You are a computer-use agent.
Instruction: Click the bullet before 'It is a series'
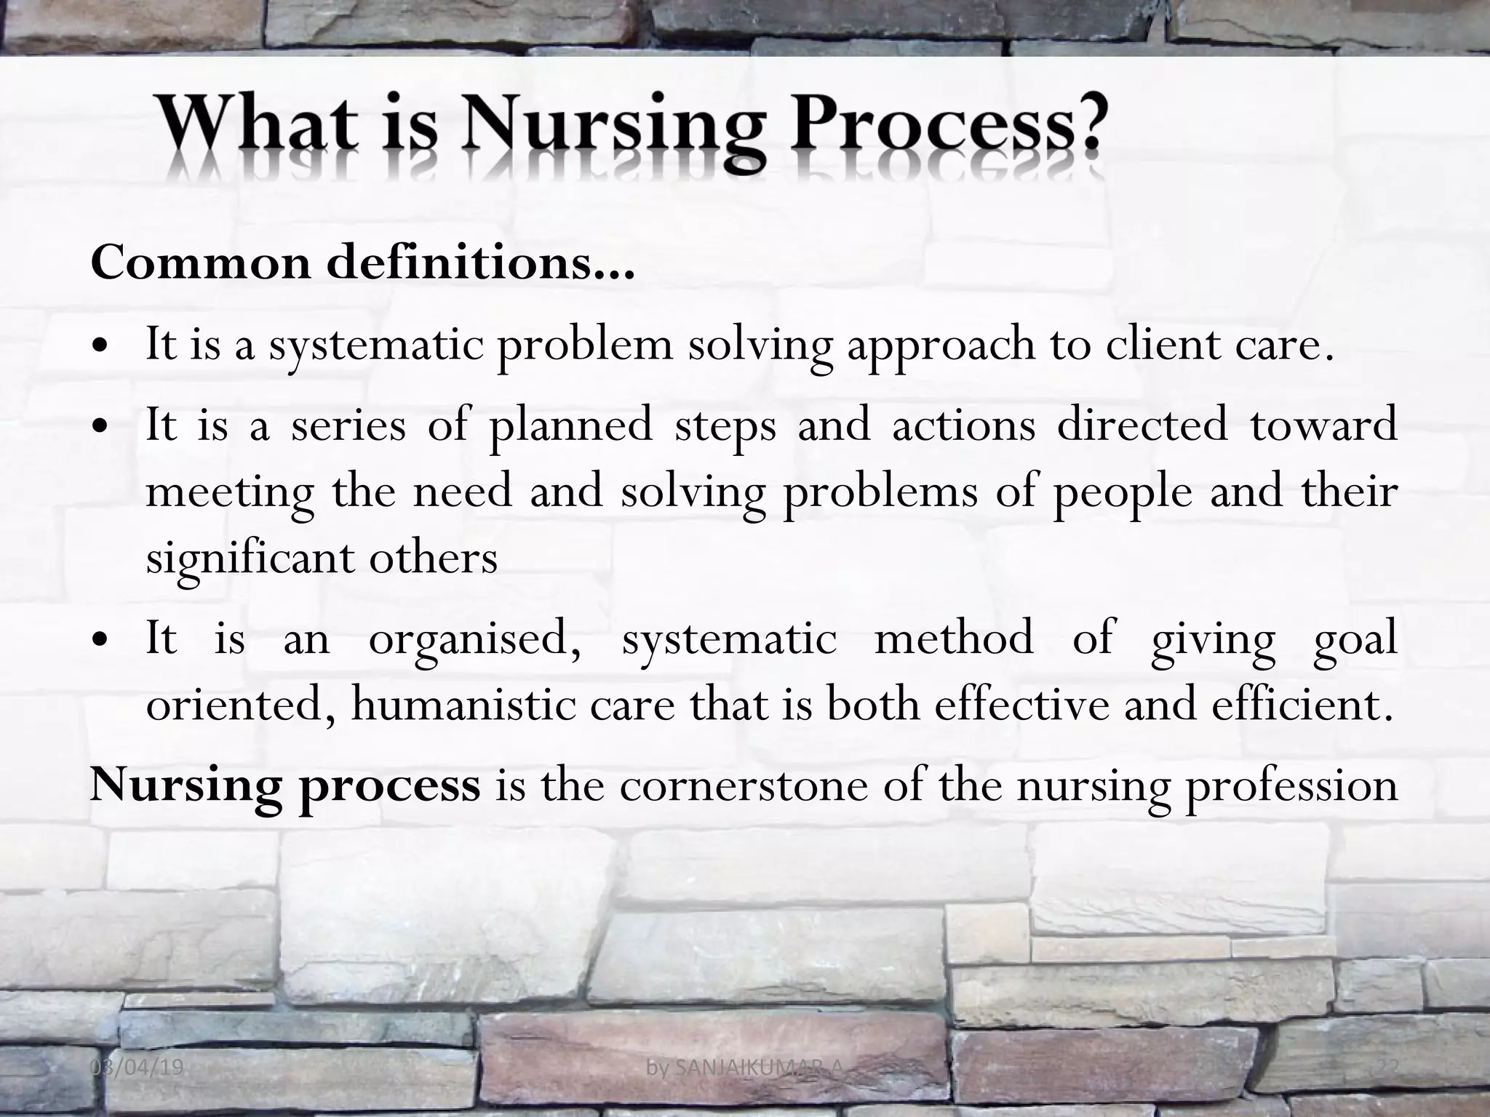[101, 426]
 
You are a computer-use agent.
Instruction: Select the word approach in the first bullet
[939, 346]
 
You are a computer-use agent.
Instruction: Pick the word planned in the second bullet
[570, 426]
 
